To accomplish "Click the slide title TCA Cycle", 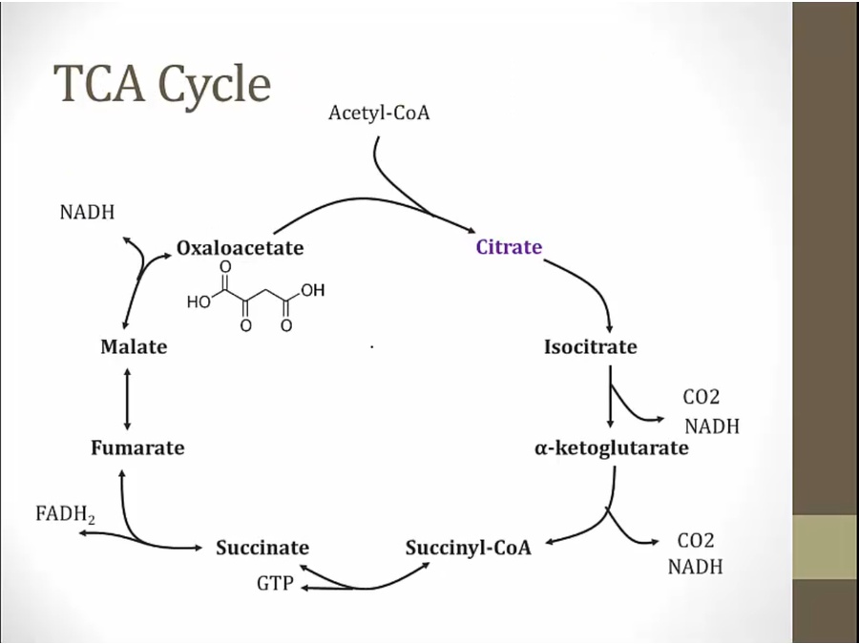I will pyautogui.click(x=162, y=84).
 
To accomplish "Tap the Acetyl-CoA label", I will pyautogui.click(x=379, y=114).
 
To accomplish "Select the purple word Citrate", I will pyautogui.click(x=509, y=247).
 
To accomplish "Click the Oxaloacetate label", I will pyautogui.click(x=240, y=248).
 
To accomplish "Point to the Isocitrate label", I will pyautogui.click(x=590, y=346).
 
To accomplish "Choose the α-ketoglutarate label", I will pyautogui.click(x=611, y=447).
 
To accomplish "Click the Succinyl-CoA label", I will pyautogui.click(x=468, y=548).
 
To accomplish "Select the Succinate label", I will pyautogui.click(x=262, y=548).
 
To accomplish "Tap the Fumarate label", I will pyautogui.click(x=137, y=447).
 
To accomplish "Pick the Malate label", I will pyautogui.click(x=134, y=346).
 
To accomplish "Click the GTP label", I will pyautogui.click(x=274, y=582).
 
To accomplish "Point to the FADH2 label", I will pyautogui.click(x=65, y=514).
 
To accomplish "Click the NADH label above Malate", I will pyautogui.click(x=87, y=212).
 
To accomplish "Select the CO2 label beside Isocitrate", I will pyautogui.click(x=702, y=397).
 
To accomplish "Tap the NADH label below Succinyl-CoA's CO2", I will pyautogui.click(x=695, y=567).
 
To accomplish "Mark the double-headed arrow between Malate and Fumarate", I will pyautogui.click(x=127, y=397).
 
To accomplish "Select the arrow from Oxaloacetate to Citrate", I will pyautogui.click(x=372, y=205).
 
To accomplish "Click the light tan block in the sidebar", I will pyautogui.click(x=825, y=547).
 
